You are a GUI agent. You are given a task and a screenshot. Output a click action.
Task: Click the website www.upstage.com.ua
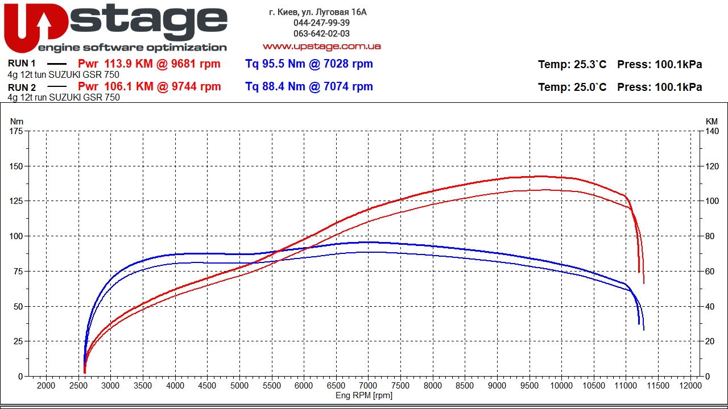pos(321,46)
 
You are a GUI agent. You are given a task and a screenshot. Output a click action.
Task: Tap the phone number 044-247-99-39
pos(321,23)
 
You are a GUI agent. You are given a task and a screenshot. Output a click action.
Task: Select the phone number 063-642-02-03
pos(321,34)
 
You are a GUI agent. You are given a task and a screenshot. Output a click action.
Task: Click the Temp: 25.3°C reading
pos(572,65)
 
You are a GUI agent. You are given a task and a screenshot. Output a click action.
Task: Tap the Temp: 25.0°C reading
pos(572,87)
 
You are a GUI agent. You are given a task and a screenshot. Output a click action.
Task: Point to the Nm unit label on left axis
pos(17,121)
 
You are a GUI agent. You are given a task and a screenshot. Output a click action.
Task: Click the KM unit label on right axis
pos(712,121)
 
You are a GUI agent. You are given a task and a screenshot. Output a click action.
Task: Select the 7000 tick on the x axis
pos(368,386)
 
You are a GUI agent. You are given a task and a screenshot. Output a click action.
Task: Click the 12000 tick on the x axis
pos(690,386)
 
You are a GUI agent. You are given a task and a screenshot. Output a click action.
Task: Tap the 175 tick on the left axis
pos(16,131)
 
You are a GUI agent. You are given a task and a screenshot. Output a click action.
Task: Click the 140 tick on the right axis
pos(712,131)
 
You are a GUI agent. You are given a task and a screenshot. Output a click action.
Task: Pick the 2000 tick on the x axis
pos(46,386)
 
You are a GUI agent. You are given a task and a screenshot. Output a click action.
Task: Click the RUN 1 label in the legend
pos(22,64)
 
